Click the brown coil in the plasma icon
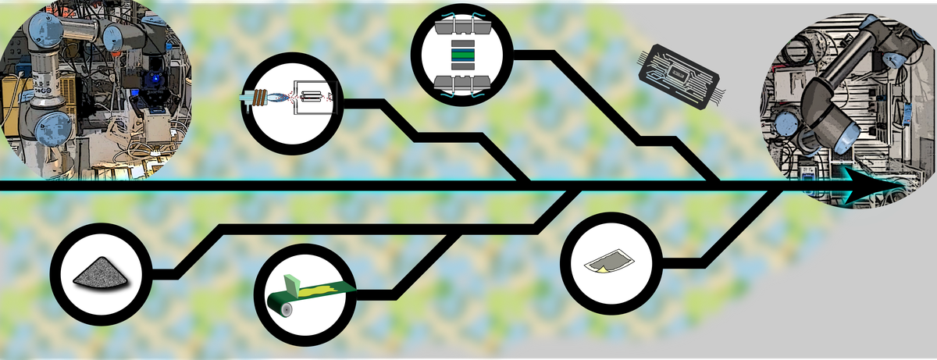click(258, 98)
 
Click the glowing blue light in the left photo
click(154, 79)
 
